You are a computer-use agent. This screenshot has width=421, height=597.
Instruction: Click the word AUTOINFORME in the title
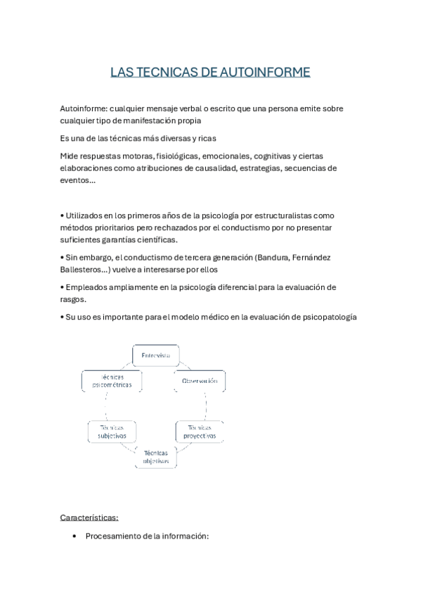265,73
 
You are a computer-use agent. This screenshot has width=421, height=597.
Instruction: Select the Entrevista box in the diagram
156,356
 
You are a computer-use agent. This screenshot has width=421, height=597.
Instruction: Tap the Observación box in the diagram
200,380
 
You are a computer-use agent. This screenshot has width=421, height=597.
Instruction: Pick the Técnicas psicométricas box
112,381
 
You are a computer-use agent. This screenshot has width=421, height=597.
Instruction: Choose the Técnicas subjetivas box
112,432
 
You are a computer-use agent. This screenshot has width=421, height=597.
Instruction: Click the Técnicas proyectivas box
200,432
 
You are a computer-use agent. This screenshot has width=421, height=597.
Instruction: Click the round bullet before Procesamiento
75,536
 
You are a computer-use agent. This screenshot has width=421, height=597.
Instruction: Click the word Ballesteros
89,269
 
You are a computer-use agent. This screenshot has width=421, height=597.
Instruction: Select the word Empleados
88,287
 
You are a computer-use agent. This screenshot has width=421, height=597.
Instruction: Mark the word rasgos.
75,299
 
